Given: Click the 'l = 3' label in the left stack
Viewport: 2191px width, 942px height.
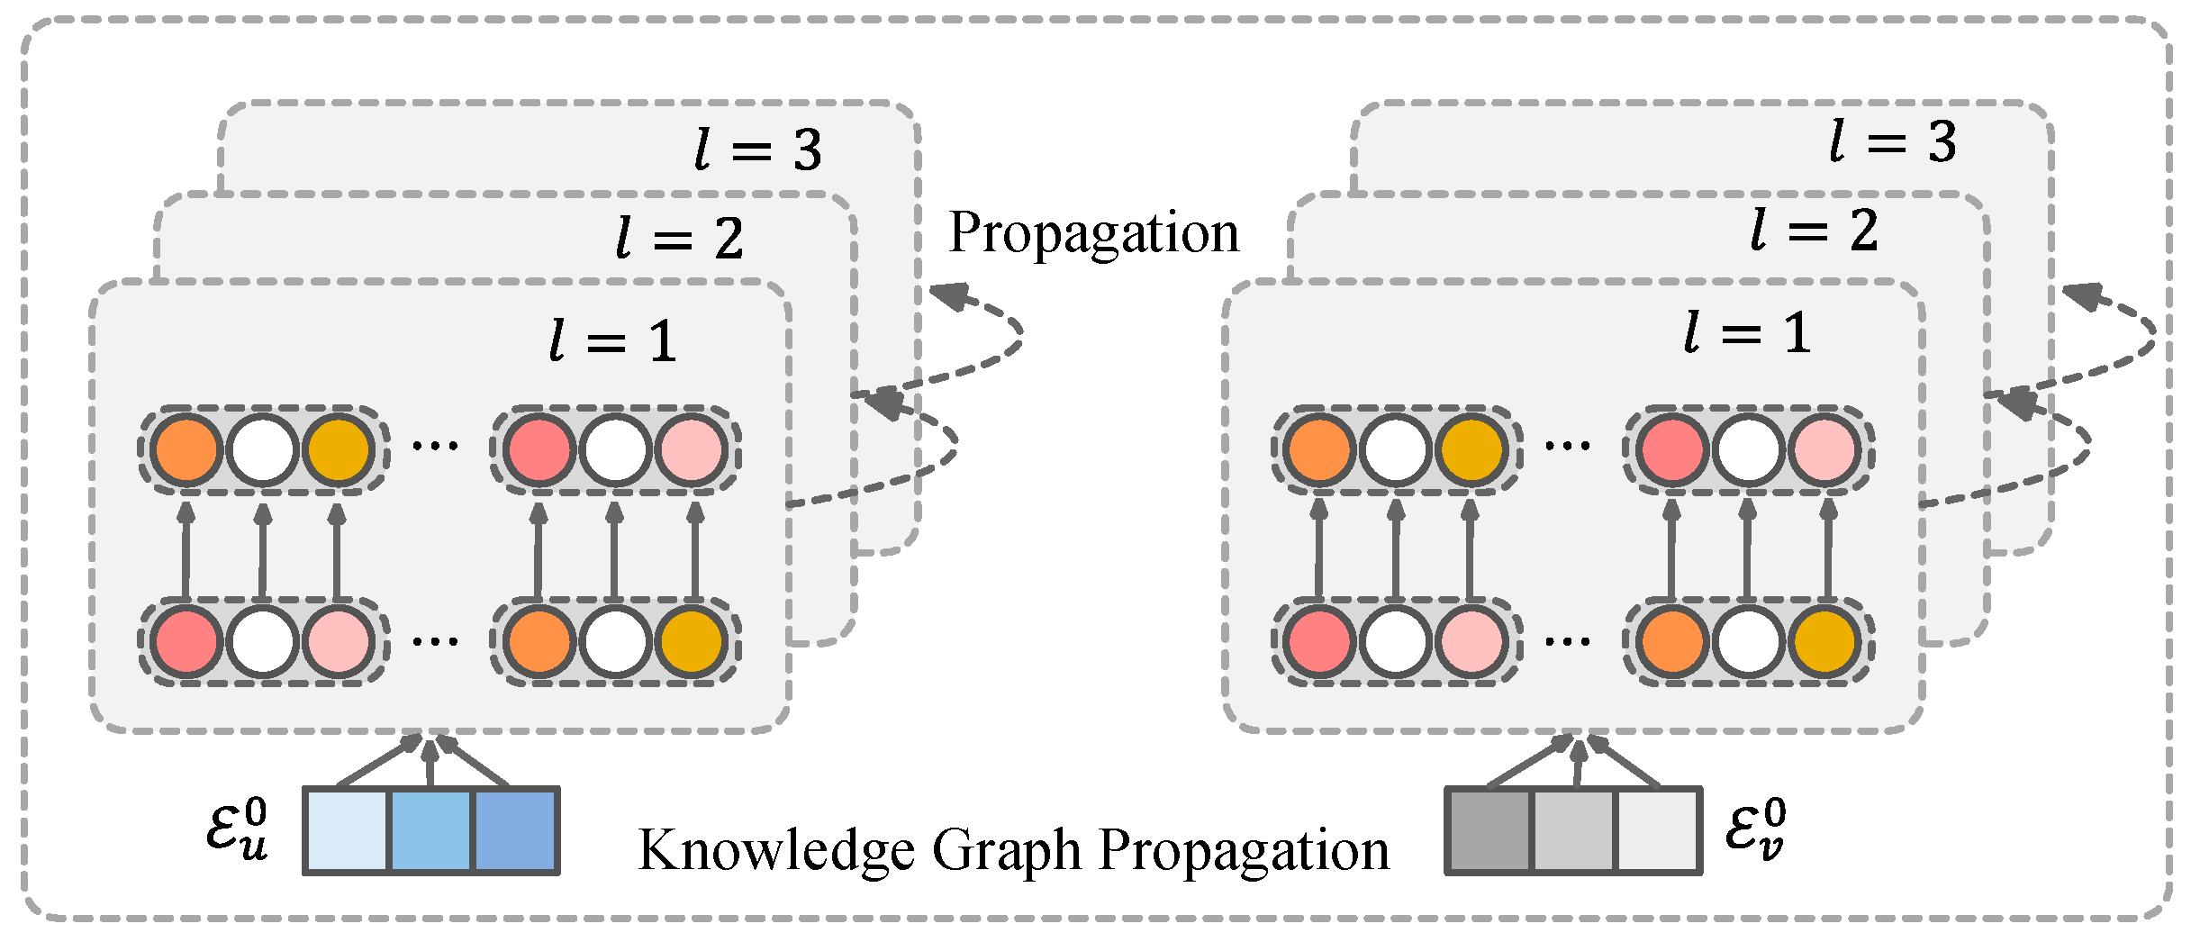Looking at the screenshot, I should click(x=758, y=149).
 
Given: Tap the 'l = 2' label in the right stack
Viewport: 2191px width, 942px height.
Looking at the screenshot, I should click(x=1814, y=231).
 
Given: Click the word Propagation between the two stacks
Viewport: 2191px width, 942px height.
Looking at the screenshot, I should click(x=1093, y=233).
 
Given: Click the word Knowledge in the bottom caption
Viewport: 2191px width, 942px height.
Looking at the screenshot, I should click(x=775, y=851).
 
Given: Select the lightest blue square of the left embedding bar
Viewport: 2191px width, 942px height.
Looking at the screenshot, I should click(x=347, y=831).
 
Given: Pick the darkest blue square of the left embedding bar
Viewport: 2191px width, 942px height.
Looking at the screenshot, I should click(x=515, y=831).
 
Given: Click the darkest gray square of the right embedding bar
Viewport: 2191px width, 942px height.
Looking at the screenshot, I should click(x=1489, y=831).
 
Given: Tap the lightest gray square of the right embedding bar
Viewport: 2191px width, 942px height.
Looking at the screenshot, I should click(x=1658, y=831).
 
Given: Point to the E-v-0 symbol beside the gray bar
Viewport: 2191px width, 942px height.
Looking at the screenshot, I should click(x=1754, y=830).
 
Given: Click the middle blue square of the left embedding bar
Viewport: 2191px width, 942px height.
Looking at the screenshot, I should click(x=430, y=831).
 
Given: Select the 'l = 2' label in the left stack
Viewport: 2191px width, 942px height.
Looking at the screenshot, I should click(x=679, y=240).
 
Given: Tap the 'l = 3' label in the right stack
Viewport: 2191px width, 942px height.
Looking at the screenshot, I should click(x=1893, y=142).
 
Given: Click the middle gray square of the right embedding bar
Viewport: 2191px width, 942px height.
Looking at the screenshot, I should click(x=1572, y=831).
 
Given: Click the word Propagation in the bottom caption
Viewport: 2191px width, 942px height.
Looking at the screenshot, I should click(x=1244, y=851).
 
